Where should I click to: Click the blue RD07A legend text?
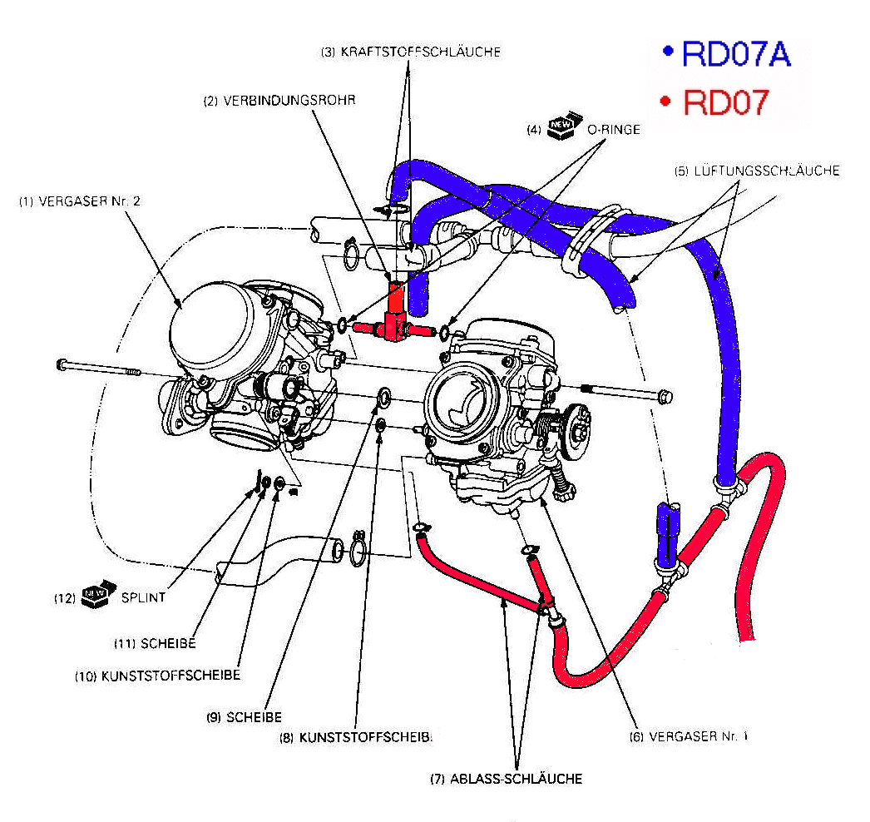tap(735, 54)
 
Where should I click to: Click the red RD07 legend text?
tap(724, 102)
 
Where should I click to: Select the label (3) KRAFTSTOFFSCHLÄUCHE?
tap(411, 52)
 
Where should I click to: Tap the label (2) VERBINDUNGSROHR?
tap(280, 101)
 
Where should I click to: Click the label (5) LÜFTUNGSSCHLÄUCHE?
tap(757, 171)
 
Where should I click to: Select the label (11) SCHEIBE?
tap(155, 643)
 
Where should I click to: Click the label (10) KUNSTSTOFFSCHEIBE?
tap(157, 676)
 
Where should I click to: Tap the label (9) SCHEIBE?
tap(244, 716)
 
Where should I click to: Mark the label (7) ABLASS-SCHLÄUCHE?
tap(506, 779)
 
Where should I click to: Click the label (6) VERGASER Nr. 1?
tap(687, 736)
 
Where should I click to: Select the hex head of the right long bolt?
tap(664, 395)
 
